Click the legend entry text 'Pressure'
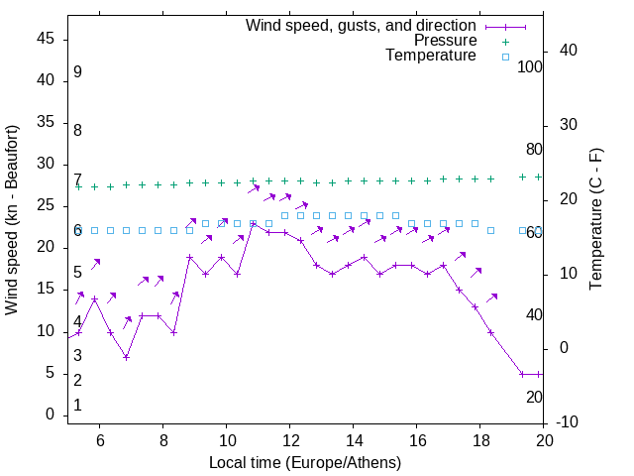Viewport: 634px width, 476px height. tap(445, 41)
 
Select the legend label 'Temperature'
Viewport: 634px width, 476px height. tap(431, 57)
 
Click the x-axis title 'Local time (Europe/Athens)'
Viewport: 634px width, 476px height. tap(305, 462)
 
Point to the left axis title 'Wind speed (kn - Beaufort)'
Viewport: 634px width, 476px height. tap(12, 220)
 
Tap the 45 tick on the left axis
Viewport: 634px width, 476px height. tap(46, 39)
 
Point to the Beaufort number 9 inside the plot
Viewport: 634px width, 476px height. tap(77, 72)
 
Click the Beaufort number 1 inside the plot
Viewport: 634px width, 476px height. tap(77, 406)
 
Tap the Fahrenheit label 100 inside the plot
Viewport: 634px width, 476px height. tap(530, 66)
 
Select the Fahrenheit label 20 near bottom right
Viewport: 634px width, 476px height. tap(534, 397)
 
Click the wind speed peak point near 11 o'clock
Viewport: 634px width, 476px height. tap(254, 225)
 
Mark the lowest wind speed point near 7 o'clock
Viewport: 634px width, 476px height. tap(127, 357)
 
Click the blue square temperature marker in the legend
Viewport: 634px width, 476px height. tap(505, 57)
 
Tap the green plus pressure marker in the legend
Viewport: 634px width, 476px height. tap(505, 41)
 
